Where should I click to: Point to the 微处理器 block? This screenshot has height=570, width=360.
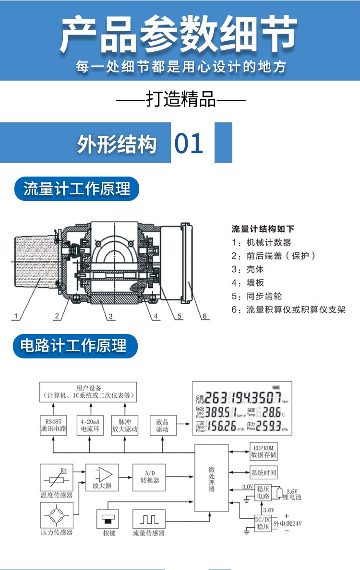(211, 478)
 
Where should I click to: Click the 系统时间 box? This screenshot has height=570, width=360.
(264, 473)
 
